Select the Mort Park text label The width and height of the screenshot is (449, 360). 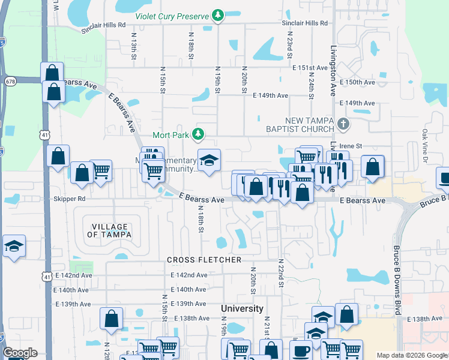click(170, 135)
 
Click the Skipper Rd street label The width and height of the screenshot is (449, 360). click(69, 199)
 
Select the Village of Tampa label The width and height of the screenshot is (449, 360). click(110, 230)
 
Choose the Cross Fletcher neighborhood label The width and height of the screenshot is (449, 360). click(204, 260)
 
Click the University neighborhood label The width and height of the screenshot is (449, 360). click(242, 308)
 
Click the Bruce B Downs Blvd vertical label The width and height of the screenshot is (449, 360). click(397, 272)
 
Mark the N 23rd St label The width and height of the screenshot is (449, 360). click(289, 46)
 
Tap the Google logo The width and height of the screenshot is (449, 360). click(20, 353)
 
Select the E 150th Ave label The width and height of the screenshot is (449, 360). click(357, 82)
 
